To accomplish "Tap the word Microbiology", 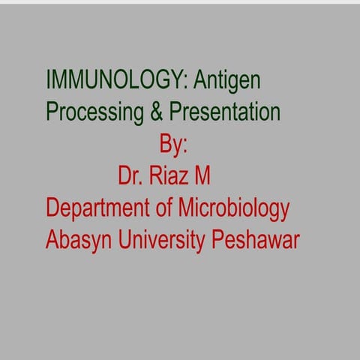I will coord(234,208).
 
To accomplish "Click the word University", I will coord(160,241).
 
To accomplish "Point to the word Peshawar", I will coord(256,240).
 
